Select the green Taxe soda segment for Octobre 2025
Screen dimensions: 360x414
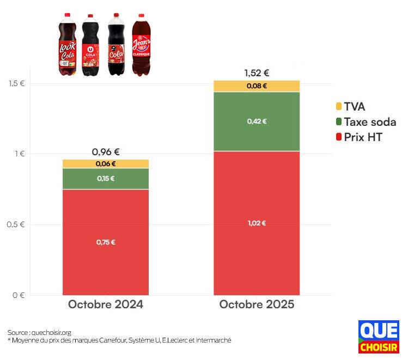point(257,121)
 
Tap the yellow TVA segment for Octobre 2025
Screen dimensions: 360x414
point(257,86)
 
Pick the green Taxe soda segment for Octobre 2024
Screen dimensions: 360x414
point(105,179)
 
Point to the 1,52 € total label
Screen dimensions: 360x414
point(257,73)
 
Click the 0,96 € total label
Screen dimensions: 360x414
point(105,152)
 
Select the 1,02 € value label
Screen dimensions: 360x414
point(257,223)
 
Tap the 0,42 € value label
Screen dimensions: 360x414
point(257,121)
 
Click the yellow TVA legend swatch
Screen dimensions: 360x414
point(338,107)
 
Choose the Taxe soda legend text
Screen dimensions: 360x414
point(370,122)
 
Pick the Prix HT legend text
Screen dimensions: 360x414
point(363,137)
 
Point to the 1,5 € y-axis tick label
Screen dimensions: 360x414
point(16,83)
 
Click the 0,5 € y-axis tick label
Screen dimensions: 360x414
point(16,225)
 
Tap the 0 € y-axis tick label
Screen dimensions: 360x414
point(19,296)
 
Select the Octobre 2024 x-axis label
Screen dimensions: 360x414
point(105,304)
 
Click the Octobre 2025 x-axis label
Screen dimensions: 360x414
point(257,304)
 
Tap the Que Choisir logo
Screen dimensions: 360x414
point(379,337)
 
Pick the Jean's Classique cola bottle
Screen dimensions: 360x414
point(141,45)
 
